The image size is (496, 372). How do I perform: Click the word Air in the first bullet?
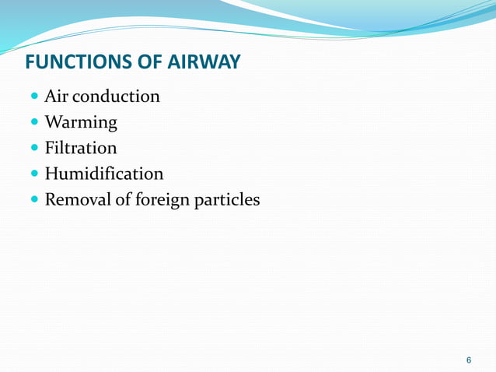point(57,97)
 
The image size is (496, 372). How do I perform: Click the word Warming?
point(81,123)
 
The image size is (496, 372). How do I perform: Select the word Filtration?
point(81,148)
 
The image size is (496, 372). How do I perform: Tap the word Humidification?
point(103,174)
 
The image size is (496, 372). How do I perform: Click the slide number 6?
point(468,360)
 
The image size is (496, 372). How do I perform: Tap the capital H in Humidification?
point(52,174)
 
